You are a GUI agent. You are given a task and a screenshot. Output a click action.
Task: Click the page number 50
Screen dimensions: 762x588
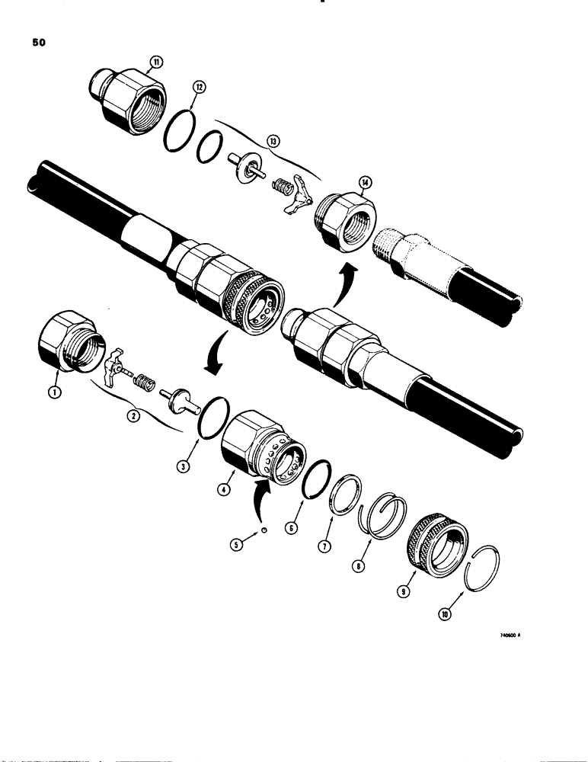(x=39, y=43)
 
